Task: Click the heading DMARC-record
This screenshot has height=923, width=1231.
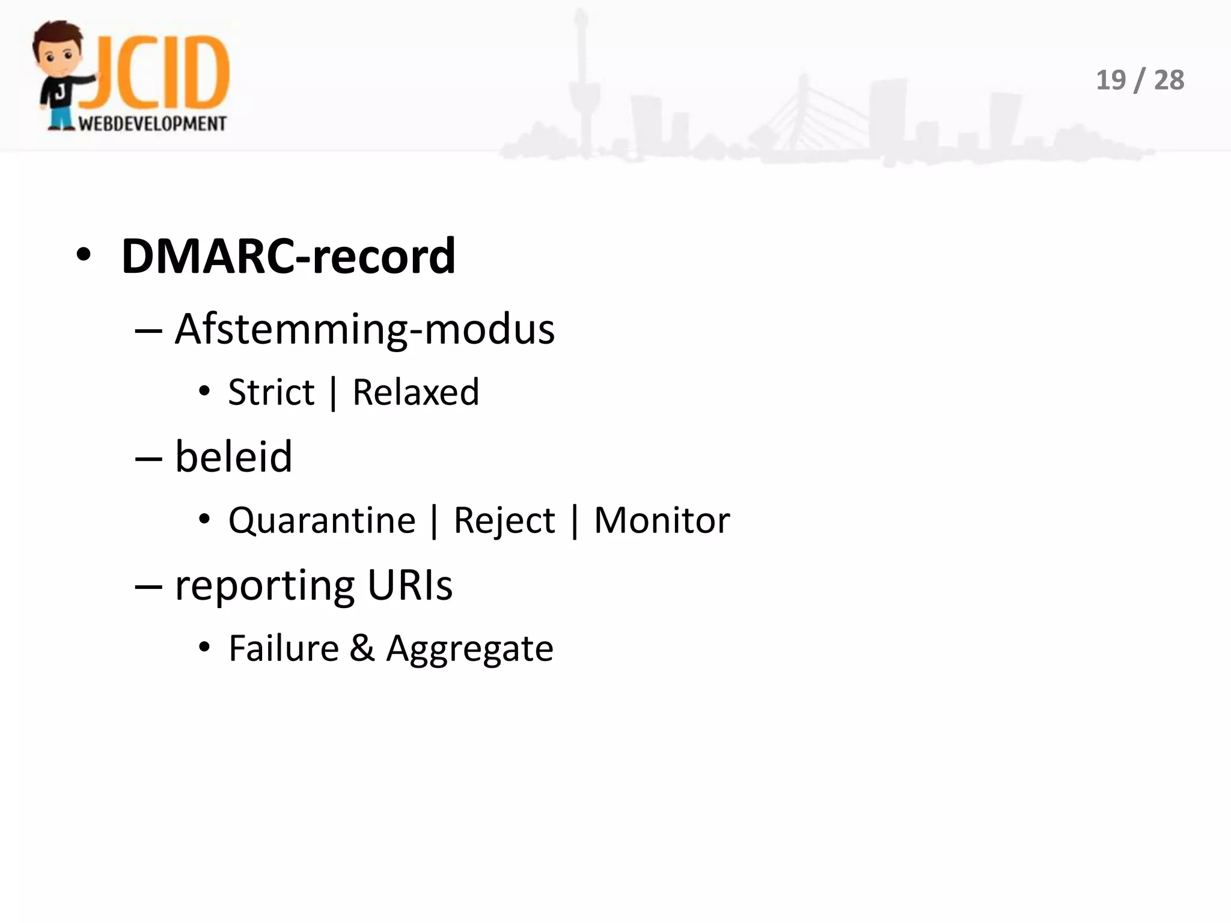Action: tap(288, 257)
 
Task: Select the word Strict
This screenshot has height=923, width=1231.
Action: tap(271, 392)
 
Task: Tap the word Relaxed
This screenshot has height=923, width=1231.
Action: tap(415, 392)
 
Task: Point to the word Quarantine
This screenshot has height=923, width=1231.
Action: tap(322, 520)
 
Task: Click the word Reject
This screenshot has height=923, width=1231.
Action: tap(504, 520)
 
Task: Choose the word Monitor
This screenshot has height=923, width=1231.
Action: tap(661, 520)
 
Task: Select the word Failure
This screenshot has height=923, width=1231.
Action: tap(284, 648)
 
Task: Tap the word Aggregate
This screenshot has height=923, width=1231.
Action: tap(469, 650)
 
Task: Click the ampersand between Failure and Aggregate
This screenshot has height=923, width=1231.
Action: tap(362, 648)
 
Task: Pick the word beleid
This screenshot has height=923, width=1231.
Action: tap(233, 457)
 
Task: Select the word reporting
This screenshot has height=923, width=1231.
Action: tap(264, 586)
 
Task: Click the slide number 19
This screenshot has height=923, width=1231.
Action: tap(1111, 80)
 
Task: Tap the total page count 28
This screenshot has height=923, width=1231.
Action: tap(1168, 80)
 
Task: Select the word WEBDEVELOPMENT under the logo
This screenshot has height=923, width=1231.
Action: tap(153, 124)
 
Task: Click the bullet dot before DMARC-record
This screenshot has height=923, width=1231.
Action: tap(84, 257)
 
